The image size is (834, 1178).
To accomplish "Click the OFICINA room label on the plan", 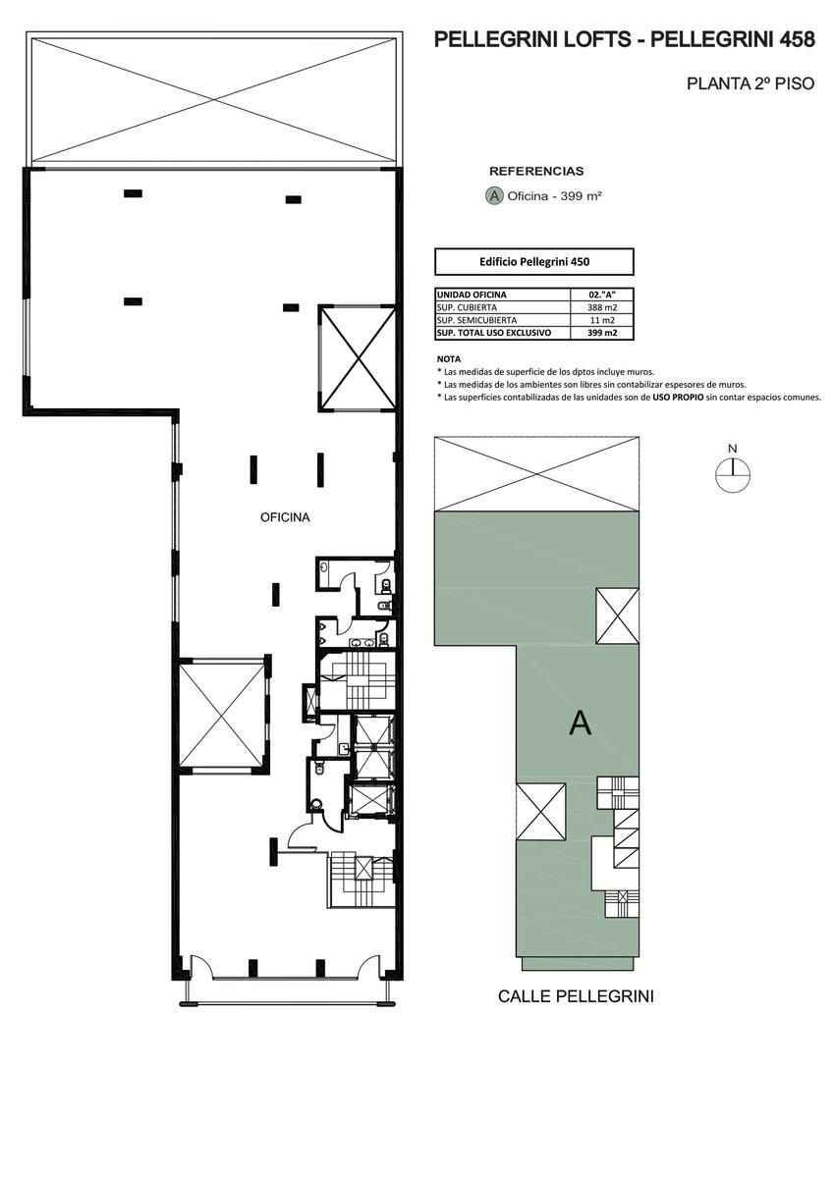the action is pyautogui.click(x=285, y=517).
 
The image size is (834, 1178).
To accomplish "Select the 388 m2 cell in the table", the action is pyautogui.click(x=602, y=307).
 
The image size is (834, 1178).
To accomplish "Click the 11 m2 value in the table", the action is pyautogui.click(x=602, y=320).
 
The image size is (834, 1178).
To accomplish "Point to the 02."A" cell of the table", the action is pyautogui.click(x=602, y=295).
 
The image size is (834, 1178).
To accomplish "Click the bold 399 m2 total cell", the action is pyautogui.click(x=602, y=333).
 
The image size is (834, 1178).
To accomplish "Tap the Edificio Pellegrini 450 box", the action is pyautogui.click(x=534, y=262).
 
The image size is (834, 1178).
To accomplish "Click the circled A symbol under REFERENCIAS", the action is pyautogui.click(x=494, y=196).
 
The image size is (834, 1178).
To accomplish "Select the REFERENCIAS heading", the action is pyautogui.click(x=536, y=172).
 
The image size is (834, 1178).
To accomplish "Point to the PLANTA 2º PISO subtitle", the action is pyautogui.click(x=751, y=83).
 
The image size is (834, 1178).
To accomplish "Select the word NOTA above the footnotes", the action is pyautogui.click(x=449, y=359).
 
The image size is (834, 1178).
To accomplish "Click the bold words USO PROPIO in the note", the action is pyautogui.click(x=678, y=398).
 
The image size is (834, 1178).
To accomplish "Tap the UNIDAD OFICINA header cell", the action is pyautogui.click(x=472, y=295).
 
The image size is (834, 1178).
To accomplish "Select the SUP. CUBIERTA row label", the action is pyautogui.click(x=467, y=307).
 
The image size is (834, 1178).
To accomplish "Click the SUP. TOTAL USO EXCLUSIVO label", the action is pyautogui.click(x=494, y=333).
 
